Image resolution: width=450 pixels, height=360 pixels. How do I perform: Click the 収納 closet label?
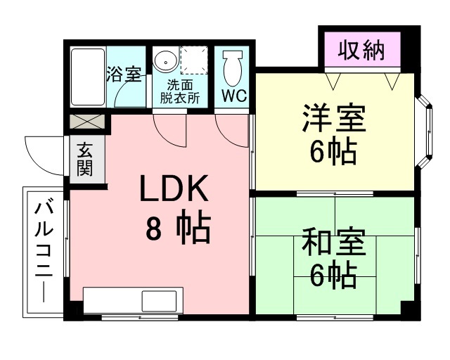[x=361, y=51]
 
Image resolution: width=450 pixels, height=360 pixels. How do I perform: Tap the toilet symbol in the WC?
[x=233, y=69]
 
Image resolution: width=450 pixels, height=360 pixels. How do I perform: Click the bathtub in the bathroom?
[x=88, y=77]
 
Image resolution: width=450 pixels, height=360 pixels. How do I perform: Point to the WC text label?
[x=234, y=96]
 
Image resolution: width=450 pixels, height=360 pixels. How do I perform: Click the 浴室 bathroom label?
[x=124, y=74]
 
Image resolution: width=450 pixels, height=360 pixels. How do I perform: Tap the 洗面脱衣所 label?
[x=180, y=91]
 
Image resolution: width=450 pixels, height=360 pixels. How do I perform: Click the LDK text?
[x=174, y=188]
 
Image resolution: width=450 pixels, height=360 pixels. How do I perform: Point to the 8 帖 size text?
[x=178, y=229]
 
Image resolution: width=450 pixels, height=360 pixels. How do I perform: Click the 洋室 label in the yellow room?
[x=333, y=118]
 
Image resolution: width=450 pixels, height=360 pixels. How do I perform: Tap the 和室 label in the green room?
[x=334, y=242]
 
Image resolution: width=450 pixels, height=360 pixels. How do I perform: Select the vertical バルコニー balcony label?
[x=44, y=252]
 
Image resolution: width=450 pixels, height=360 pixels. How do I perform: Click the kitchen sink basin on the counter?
[x=160, y=300]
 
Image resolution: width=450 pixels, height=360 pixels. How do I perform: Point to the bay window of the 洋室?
[x=424, y=131]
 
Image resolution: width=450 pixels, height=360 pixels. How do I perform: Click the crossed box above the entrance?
[x=87, y=122]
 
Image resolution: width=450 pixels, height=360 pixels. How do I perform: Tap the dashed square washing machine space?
[x=194, y=60]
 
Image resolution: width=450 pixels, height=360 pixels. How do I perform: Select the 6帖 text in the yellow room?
[x=333, y=151]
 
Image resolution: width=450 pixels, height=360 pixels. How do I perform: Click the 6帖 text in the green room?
[x=333, y=276]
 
